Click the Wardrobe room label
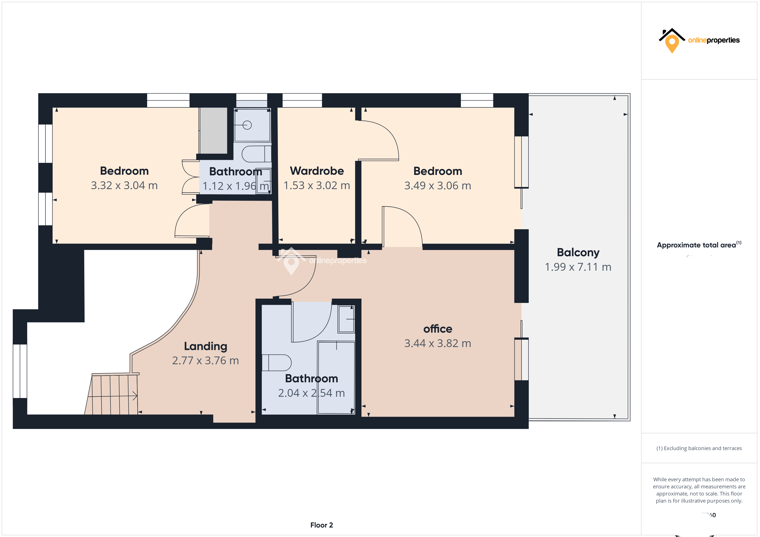tap(317, 171)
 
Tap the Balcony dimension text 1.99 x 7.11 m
tap(578, 267)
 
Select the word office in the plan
tap(438, 329)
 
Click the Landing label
tap(206, 346)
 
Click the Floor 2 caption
tap(321, 525)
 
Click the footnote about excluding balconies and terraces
tap(699, 448)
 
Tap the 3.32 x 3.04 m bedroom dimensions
tap(124, 185)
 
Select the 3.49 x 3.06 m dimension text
tap(438, 186)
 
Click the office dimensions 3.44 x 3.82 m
tap(438, 344)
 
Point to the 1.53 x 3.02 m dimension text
tap(317, 185)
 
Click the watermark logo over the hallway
tap(291, 261)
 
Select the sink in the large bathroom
tap(346, 319)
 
